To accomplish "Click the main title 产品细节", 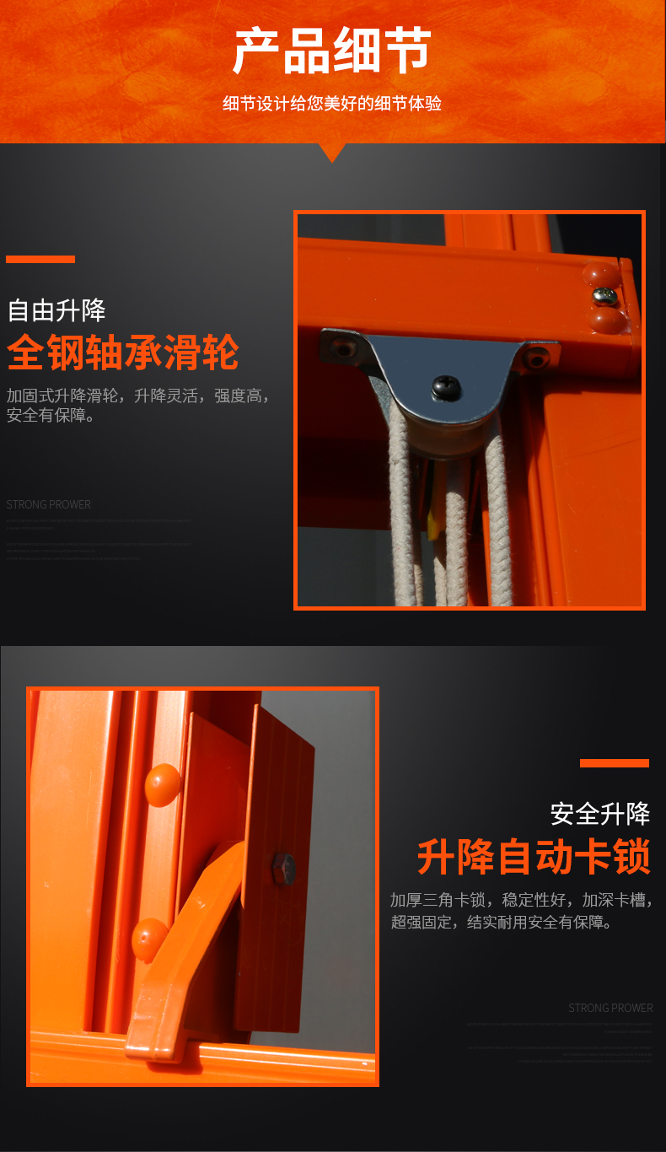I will tap(332, 51).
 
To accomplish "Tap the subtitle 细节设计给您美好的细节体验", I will tap(332, 104).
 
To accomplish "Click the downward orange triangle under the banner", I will tap(332, 152).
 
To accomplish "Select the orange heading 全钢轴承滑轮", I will tap(123, 353).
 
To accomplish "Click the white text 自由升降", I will tap(56, 310).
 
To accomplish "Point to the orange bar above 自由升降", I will tap(40, 259).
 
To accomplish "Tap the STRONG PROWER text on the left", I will tap(48, 504).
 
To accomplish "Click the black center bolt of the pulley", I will tap(444, 387).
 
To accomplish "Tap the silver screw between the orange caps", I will tap(604, 295).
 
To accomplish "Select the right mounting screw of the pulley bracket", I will tap(535, 360).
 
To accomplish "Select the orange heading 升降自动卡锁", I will tap(534, 858).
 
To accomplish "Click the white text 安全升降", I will tap(600, 814).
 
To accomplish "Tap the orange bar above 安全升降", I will tap(614, 763).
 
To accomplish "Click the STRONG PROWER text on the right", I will tap(610, 1008).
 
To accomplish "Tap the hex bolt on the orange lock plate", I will tap(283, 869).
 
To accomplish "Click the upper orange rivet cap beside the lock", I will tap(163, 785).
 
